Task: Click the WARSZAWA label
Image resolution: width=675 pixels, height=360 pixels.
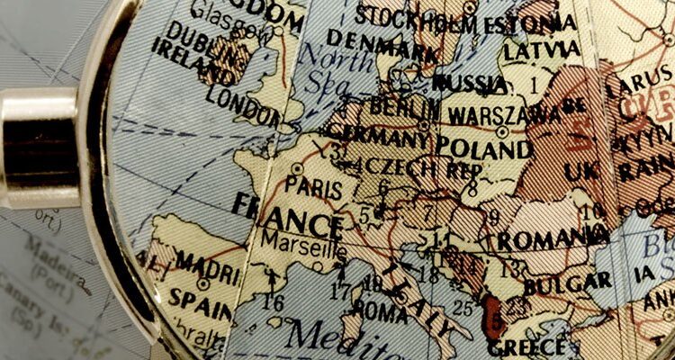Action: pyautogui.click(x=504, y=114)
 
